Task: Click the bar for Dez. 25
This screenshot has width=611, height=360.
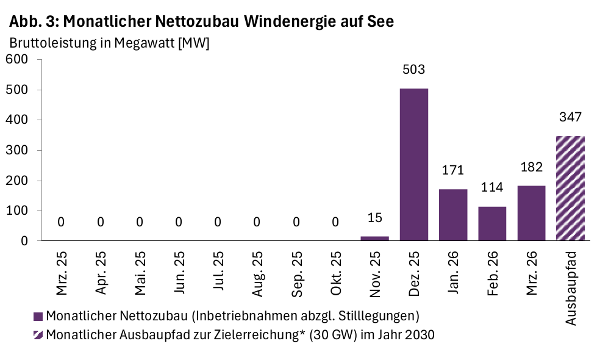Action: (413, 165)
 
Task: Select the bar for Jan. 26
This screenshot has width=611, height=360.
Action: (452, 215)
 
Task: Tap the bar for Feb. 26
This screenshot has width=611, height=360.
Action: (492, 223)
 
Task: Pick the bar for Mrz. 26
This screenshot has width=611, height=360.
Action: (531, 213)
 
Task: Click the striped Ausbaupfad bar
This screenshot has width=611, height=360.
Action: (570, 189)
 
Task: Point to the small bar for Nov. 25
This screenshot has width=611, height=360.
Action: (374, 239)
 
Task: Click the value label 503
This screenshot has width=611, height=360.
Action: (413, 70)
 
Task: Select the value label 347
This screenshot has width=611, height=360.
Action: (570, 117)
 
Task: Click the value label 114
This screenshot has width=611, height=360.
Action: (492, 187)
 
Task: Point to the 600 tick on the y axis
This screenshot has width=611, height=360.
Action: (17, 60)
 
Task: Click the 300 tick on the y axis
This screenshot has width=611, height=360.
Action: (17, 150)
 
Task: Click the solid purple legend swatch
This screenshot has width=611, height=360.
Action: (38, 316)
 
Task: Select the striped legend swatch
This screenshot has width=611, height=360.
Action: (38, 335)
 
